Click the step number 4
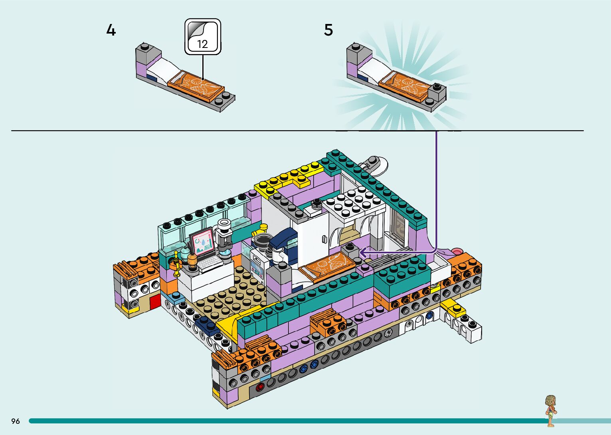pos(111,30)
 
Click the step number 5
pos(328,30)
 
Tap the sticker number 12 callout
pos(203,37)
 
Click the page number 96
pos(16,421)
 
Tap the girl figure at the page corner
pos(551,411)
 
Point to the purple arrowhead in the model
pos(364,252)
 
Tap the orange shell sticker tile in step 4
pos(196,86)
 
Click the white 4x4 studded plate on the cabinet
pos(354,202)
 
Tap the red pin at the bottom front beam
pos(260,387)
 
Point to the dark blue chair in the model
pos(284,243)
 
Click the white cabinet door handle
pos(324,239)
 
